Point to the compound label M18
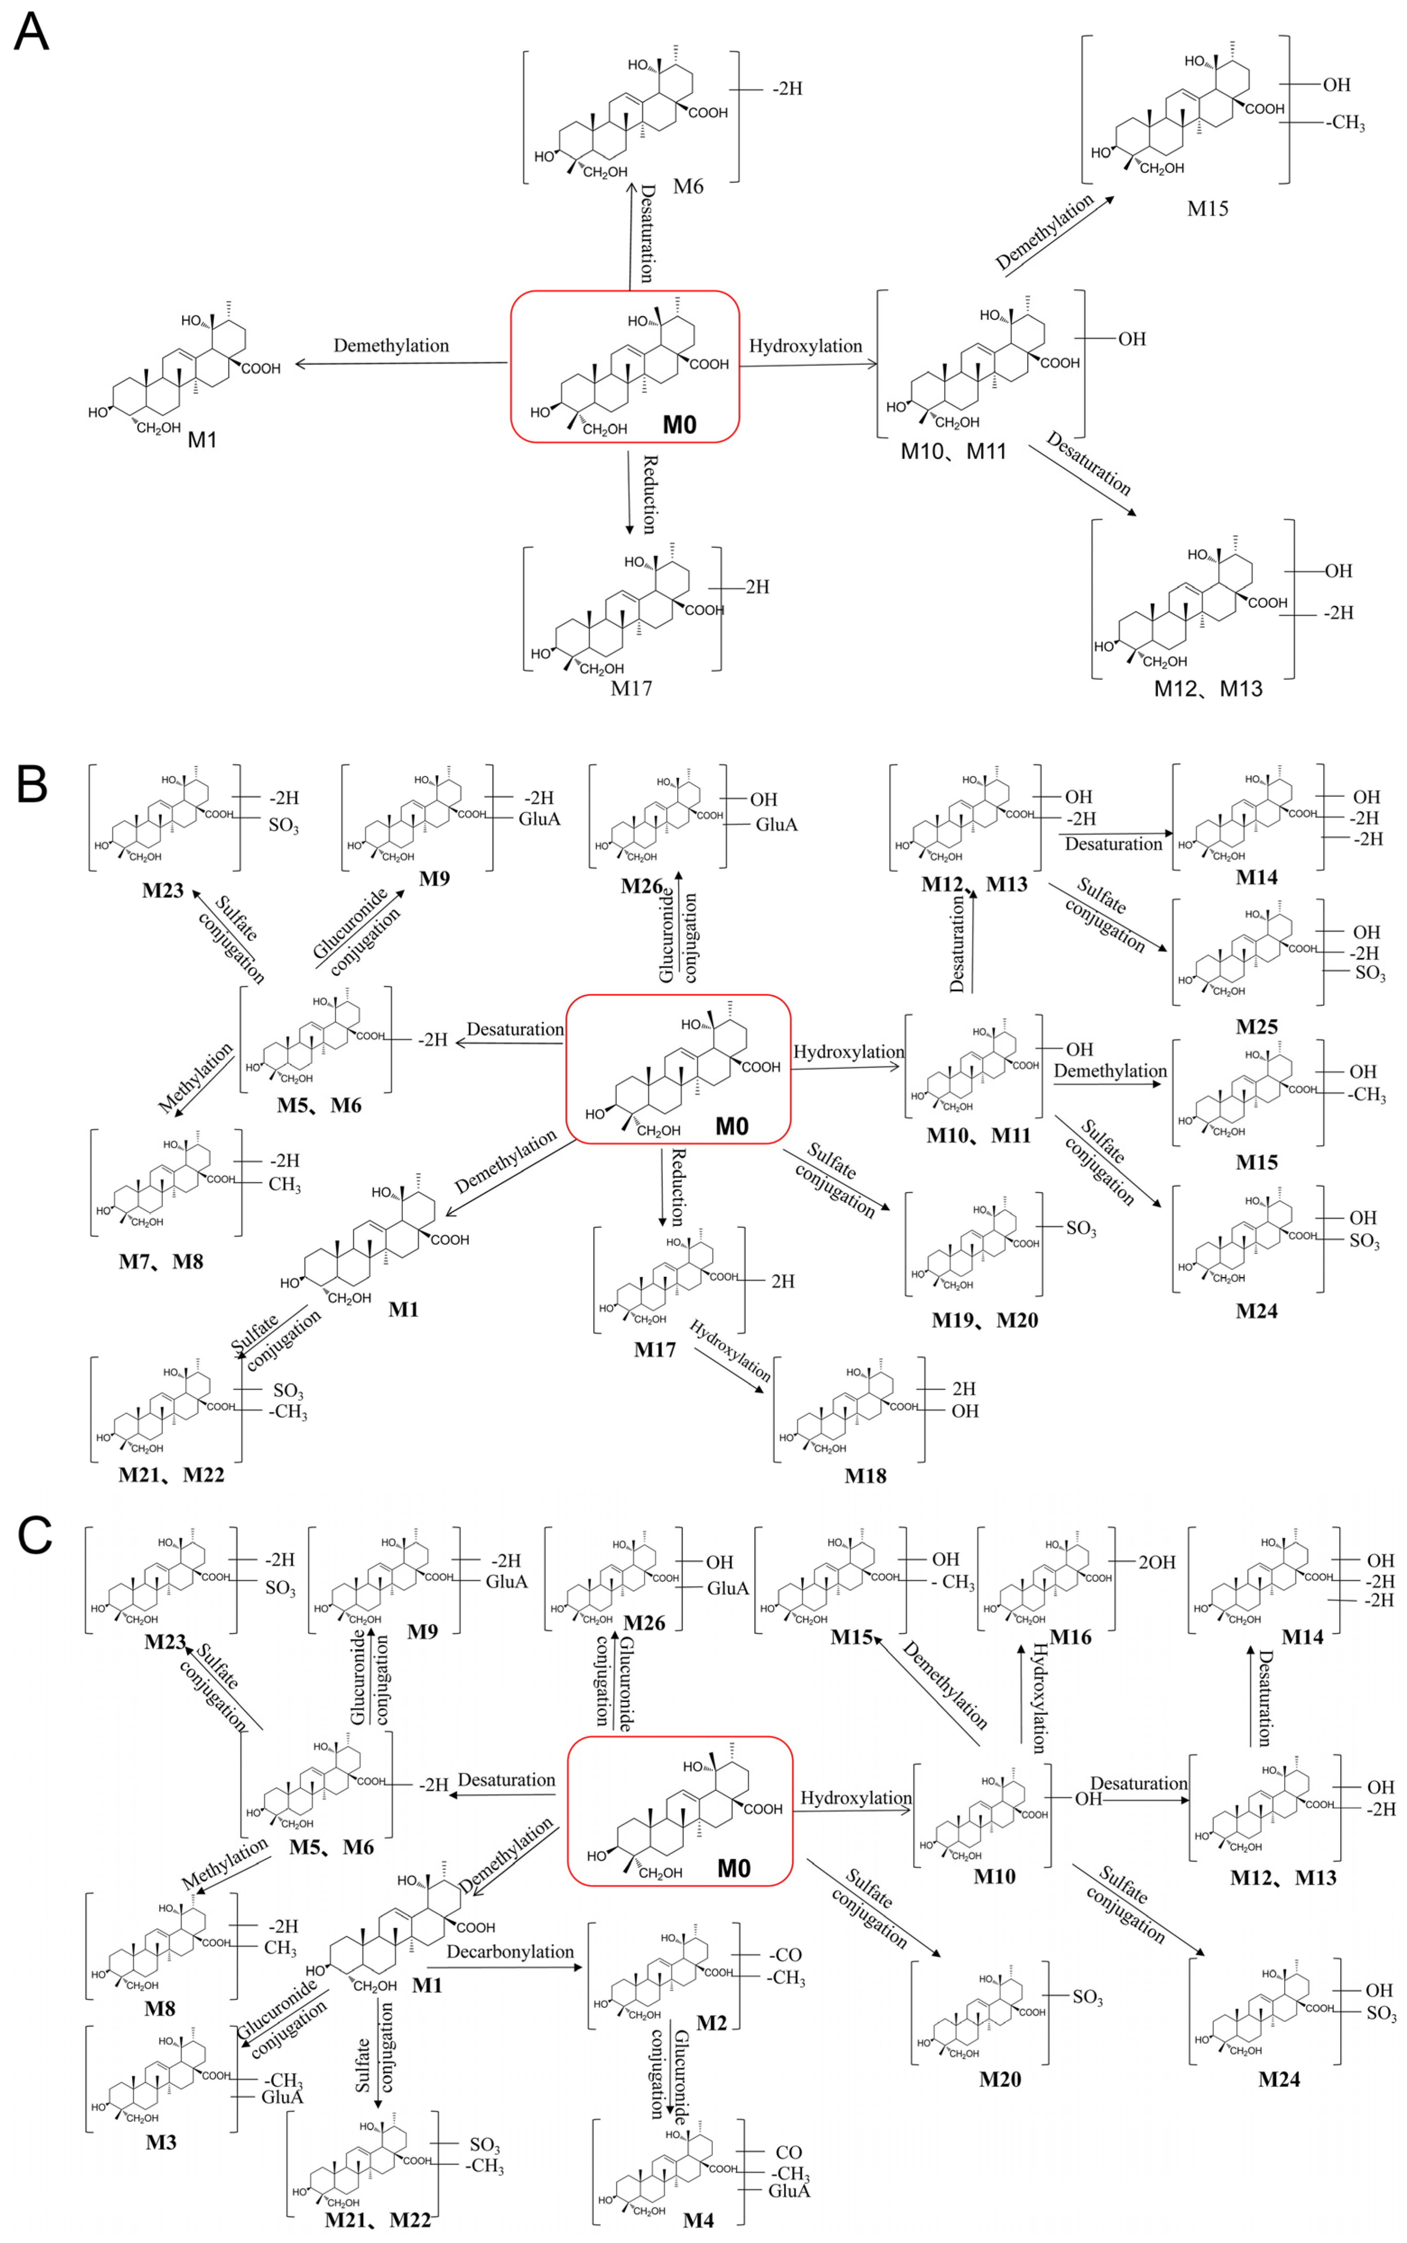864,1475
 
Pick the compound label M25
1256,1027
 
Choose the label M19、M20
984,1320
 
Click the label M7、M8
160,1261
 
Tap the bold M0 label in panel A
679,425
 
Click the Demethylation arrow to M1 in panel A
400,364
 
